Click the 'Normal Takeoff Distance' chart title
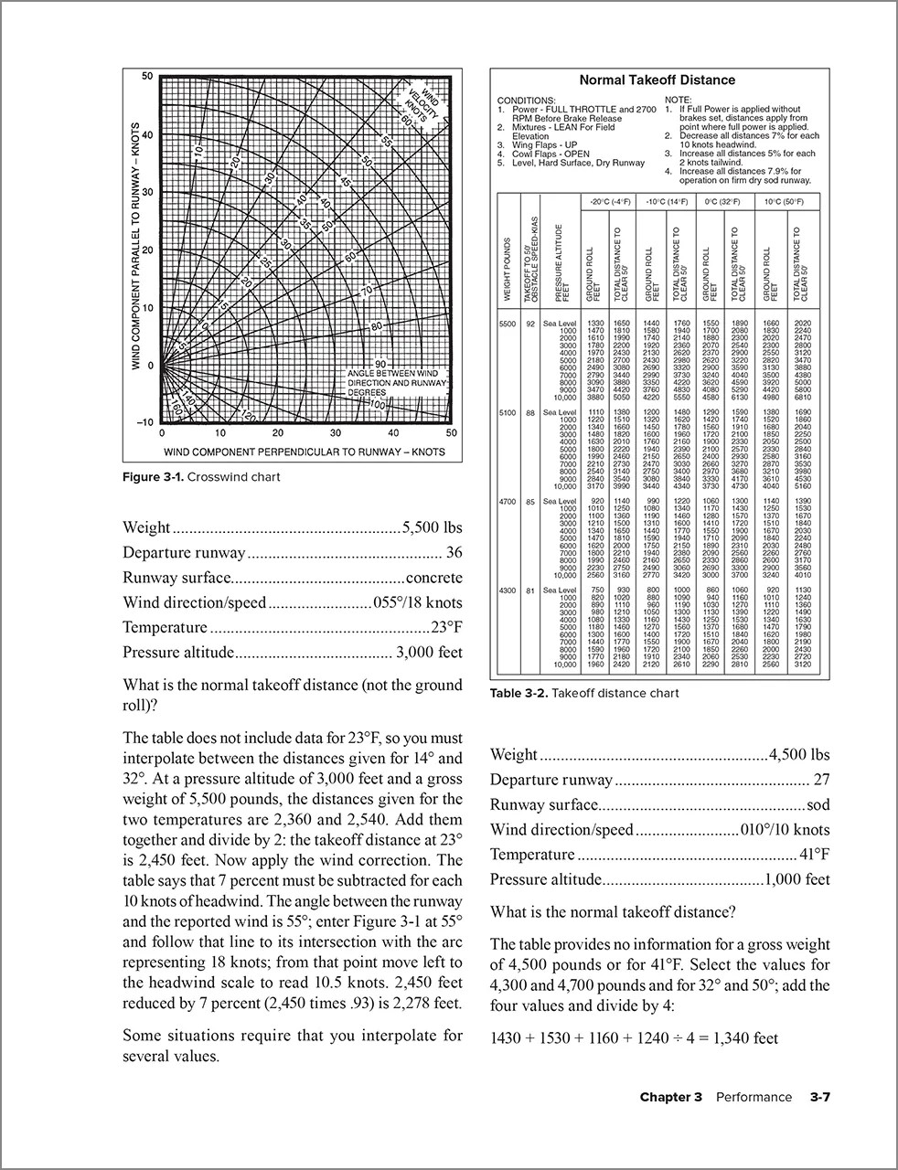pos(657,80)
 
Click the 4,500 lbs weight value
pos(800,754)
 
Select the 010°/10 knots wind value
pos(785,830)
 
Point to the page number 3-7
pos(819,1097)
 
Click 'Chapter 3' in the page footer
pos(670,1097)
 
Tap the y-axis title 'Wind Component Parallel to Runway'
pos(134,247)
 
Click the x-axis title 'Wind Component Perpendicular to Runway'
pos(305,452)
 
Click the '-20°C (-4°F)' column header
pos(611,201)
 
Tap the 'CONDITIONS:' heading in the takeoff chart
pos(526,100)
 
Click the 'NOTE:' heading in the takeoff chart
pos(679,100)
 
